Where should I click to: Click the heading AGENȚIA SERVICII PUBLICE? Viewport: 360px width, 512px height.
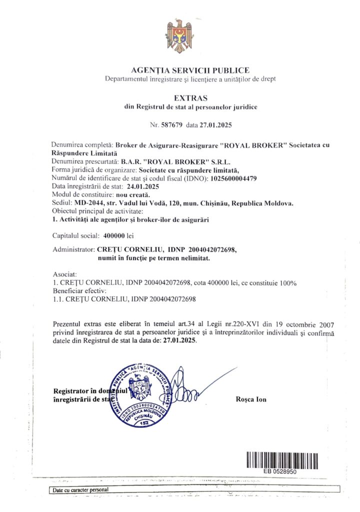189,70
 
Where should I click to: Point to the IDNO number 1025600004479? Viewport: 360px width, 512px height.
233,178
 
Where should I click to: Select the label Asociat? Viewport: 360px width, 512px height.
64,275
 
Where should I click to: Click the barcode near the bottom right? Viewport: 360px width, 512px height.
282,459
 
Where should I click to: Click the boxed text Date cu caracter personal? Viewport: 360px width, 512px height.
79,490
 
